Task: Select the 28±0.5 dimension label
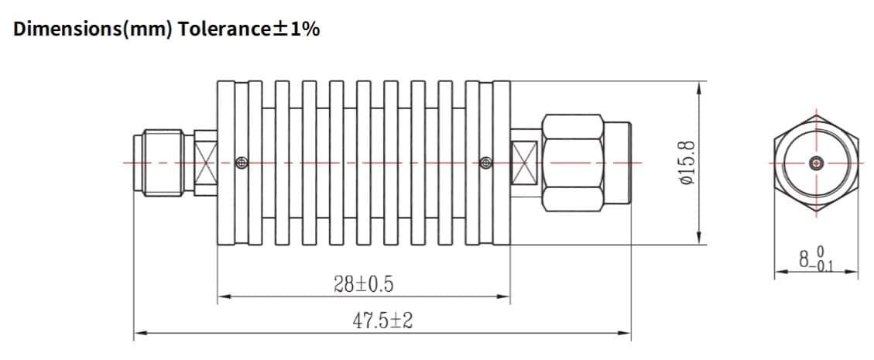pos(363,285)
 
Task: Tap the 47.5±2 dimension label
pos(382,321)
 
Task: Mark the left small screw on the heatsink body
pos(242,163)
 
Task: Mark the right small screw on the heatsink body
pos(485,163)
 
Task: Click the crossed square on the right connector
pos(525,163)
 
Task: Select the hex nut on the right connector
pos(573,163)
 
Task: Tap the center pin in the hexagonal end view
pos(815,163)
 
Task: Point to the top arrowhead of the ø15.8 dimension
pos(700,86)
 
